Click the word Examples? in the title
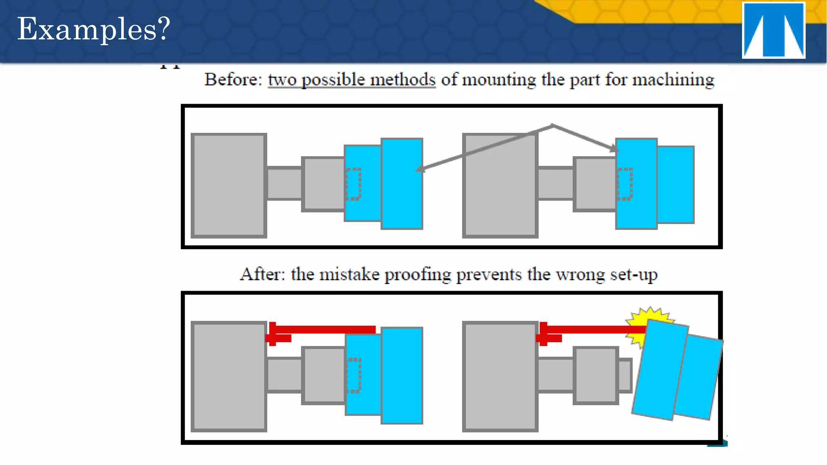(x=93, y=29)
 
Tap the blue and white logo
(x=773, y=30)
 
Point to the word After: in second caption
(x=262, y=274)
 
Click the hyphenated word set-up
(x=634, y=274)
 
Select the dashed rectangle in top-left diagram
(x=353, y=184)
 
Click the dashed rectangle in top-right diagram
(x=624, y=184)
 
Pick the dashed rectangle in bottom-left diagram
(x=354, y=375)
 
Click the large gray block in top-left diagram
(x=229, y=185)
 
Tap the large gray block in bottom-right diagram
(x=500, y=376)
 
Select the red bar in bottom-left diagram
(x=323, y=330)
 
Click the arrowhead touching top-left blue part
(x=420, y=169)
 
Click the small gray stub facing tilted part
(x=625, y=375)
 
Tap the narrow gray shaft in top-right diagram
(x=556, y=184)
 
